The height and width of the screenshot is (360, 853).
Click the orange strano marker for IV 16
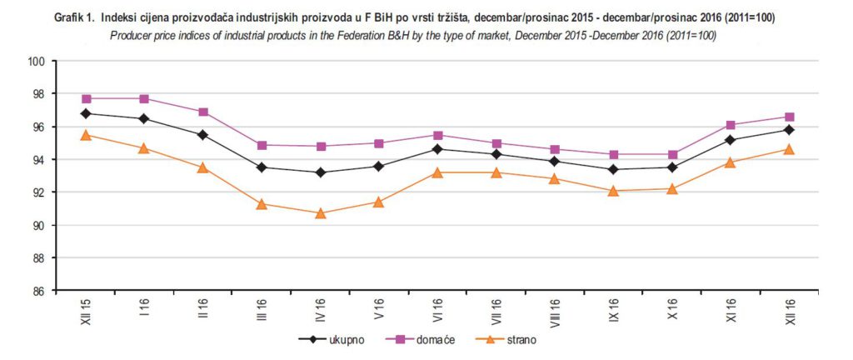[x=320, y=213]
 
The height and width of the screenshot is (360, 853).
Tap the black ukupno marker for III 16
[x=262, y=167]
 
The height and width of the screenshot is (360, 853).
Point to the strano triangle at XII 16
[x=789, y=149]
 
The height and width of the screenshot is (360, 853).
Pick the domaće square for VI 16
[x=437, y=135]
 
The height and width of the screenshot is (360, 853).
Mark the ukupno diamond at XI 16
[x=731, y=140]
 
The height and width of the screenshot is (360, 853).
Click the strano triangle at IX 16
[x=613, y=191]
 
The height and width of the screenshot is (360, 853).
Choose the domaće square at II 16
[x=202, y=112]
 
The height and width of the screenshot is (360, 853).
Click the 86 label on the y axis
[x=37, y=291]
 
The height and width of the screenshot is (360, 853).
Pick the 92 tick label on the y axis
[x=37, y=192]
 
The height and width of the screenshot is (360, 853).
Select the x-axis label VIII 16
[x=555, y=312]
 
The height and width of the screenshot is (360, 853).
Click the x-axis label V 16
[x=379, y=308]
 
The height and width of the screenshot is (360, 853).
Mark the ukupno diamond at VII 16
[x=496, y=154]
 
